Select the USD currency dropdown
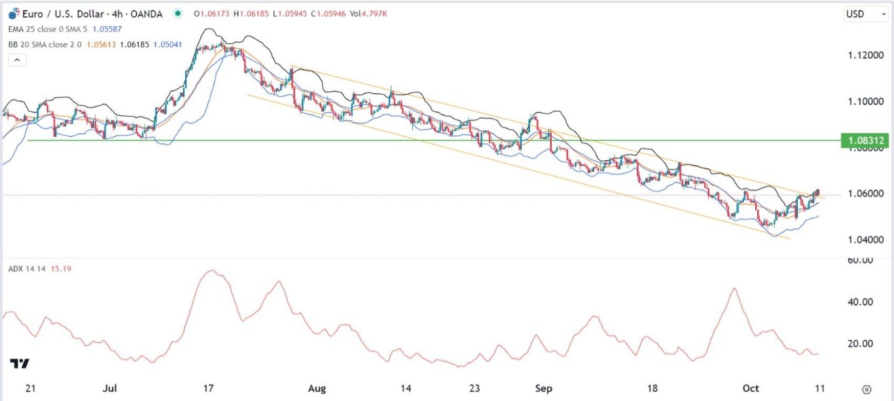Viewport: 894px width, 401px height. (859, 14)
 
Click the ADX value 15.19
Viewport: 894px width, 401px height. (61, 268)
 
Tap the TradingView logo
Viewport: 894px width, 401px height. (20, 364)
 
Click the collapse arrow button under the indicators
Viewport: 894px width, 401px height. (17, 60)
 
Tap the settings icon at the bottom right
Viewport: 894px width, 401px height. (867, 389)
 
